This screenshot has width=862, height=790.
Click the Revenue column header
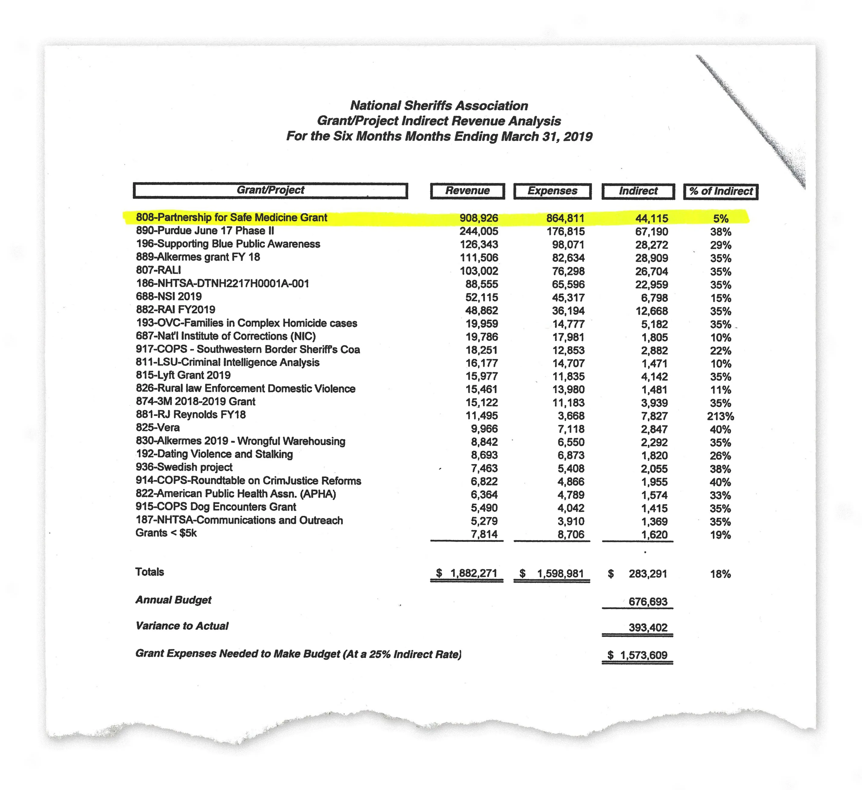[x=467, y=191]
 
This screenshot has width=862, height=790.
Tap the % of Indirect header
[x=721, y=192]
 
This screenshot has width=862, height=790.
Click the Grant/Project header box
[x=270, y=190]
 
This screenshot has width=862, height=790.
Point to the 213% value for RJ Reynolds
[x=720, y=416]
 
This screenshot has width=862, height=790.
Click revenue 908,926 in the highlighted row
[x=478, y=218]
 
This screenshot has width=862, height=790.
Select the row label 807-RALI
[x=158, y=270]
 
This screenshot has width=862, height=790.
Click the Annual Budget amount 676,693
[x=647, y=602]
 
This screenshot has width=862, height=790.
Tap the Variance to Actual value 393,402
[x=647, y=628]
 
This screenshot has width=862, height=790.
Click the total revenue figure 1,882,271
[x=473, y=573]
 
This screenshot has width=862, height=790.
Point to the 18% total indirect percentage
[x=720, y=574]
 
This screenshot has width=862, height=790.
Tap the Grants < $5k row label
[x=166, y=533]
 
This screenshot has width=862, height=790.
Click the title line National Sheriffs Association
[x=439, y=106]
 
